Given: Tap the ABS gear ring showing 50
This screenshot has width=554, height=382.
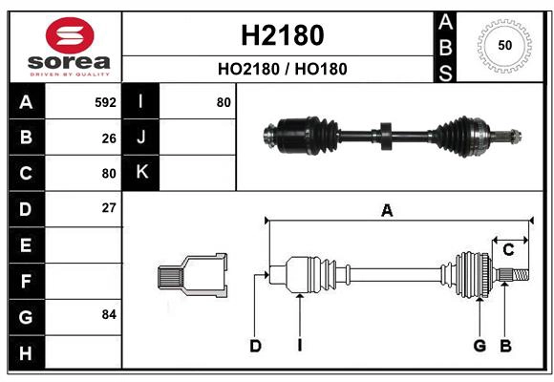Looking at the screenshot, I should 504,46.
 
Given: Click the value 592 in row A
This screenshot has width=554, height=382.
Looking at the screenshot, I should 105,102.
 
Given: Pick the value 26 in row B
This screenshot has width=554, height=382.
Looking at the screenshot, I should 108,138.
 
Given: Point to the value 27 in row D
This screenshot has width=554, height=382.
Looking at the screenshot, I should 108,208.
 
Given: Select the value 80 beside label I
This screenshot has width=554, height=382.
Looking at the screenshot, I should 224,102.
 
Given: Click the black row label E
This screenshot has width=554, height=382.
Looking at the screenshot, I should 26,245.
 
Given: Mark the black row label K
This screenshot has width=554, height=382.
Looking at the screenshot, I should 141,173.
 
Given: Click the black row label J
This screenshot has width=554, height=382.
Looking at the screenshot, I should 141,138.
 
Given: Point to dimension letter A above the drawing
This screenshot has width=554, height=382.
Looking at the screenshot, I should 387,212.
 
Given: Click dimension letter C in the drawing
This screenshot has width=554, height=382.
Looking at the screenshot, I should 508,250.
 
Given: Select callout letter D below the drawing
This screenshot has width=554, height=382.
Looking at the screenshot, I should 255,346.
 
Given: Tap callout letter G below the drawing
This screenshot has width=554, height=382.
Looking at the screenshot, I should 479,346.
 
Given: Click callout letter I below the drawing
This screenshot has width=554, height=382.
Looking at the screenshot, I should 299,346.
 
